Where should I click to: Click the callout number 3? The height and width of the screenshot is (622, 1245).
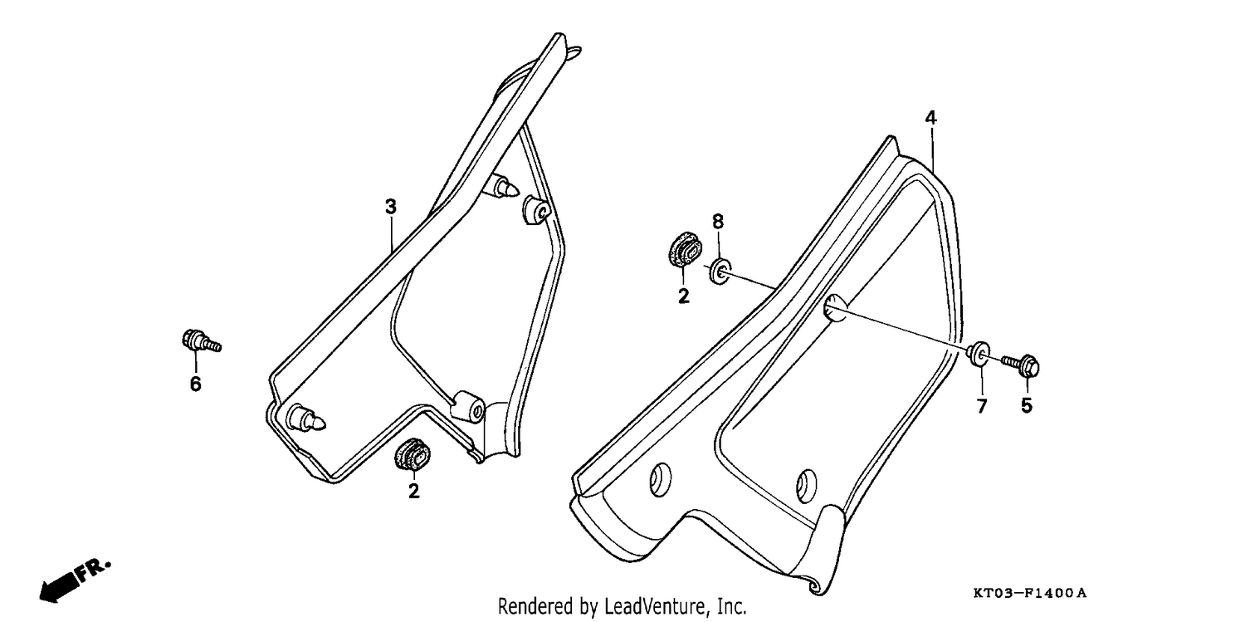[x=391, y=207]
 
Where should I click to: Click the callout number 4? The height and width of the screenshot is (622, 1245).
[x=931, y=118]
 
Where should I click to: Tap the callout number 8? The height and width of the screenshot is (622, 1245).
[x=718, y=222]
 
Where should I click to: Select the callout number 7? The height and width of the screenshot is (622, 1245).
[x=982, y=406]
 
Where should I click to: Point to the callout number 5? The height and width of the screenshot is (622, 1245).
[x=1027, y=406]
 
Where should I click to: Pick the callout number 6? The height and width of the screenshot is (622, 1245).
[x=196, y=384]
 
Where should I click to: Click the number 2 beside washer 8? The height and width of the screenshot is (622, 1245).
[x=684, y=296]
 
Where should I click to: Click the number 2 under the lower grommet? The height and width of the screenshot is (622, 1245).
[x=413, y=492]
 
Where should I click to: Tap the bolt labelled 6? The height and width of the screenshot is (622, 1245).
[x=201, y=341]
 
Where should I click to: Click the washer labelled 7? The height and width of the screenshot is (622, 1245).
[x=979, y=354]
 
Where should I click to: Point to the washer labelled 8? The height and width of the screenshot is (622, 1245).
[x=720, y=272]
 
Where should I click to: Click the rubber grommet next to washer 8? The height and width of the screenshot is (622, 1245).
[x=685, y=251]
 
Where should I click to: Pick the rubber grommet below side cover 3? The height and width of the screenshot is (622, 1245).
[x=412, y=453]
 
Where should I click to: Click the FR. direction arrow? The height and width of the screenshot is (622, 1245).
[x=75, y=580]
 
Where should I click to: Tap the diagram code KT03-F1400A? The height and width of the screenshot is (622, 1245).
[x=1029, y=593]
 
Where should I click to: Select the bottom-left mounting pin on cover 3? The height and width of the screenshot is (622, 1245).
[x=306, y=418]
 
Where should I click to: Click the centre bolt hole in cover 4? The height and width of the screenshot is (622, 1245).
[x=835, y=308]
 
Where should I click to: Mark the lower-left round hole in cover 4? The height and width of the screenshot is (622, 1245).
[x=661, y=479]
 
